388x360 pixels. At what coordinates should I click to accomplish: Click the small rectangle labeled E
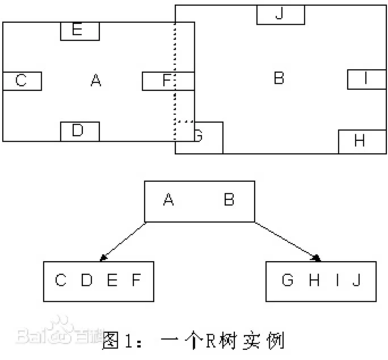click(x=80, y=31)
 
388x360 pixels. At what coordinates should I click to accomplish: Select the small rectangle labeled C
click(x=21, y=80)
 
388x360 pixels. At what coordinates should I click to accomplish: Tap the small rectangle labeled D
click(x=79, y=131)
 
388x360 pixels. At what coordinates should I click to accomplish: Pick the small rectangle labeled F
click(x=168, y=80)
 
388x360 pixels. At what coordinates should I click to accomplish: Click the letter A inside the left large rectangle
click(x=95, y=80)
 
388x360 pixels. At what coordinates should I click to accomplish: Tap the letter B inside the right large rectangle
click(x=279, y=78)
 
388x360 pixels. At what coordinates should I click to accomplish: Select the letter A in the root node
click(x=168, y=200)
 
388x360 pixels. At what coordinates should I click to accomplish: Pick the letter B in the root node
click(x=229, y=200)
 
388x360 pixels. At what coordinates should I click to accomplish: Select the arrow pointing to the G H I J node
click(x=287, y=241)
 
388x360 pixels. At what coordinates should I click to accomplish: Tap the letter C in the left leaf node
click(x=61, y=280)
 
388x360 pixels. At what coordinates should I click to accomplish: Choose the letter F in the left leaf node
click(x=136, y=280)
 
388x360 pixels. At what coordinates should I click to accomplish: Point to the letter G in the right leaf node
click(x=287, y=280)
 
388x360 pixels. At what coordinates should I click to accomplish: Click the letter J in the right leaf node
click(x=356, y=280)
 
